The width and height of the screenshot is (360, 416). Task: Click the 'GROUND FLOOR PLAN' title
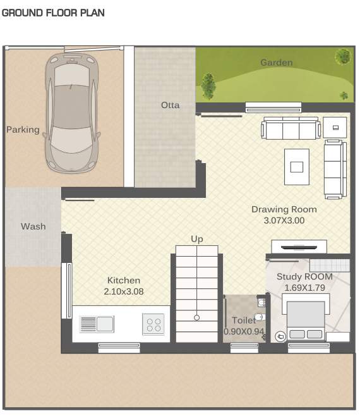(x=53, y=13)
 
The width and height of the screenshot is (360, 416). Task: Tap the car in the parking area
(x=71, y=112)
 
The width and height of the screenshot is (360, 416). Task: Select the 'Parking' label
(x=23, y=130)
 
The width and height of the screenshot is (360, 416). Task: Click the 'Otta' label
(x=170, y=105)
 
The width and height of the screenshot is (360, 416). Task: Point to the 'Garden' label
(x=276, y=63)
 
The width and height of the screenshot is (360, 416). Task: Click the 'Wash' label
(x=33, y=226)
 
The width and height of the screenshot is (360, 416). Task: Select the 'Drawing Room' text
(x=284, y=209)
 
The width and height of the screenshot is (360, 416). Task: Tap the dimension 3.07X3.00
(x=284, y=221)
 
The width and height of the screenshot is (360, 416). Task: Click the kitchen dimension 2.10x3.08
(x=124, y=291)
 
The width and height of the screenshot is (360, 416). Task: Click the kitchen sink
(x=97, y=324)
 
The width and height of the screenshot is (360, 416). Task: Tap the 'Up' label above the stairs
(x=197, y=239)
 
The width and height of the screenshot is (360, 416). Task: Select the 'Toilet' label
(x=244, y=321)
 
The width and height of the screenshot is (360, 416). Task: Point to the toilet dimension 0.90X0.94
(x=244, y=331)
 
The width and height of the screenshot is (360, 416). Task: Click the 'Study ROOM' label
(x=304, y=277)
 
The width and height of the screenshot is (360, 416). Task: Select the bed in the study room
(x=306, y=321)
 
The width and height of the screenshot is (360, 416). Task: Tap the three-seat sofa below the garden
(x=291, y=129)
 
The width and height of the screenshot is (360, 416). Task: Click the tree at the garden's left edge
(x=207, y=85)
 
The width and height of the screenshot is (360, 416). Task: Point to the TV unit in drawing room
(x=299, y=247)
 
